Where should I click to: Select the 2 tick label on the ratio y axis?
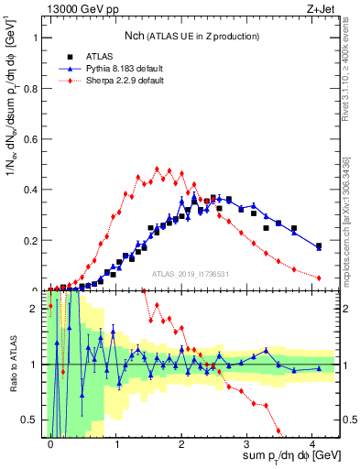point(38,309)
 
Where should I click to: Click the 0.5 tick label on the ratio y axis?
point(33,420)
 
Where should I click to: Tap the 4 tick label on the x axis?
point(313,442)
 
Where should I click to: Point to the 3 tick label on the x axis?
point(247,442)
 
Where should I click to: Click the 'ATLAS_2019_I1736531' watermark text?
point(190,274)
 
